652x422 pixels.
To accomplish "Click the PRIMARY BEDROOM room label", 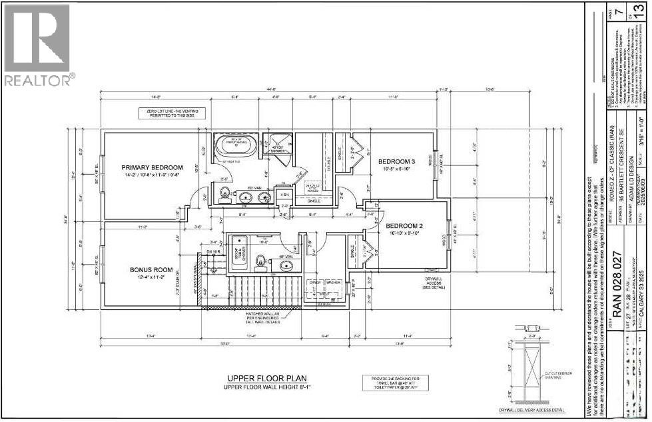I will coord(152,167).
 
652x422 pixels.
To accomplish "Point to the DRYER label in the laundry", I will coord(316,283).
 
